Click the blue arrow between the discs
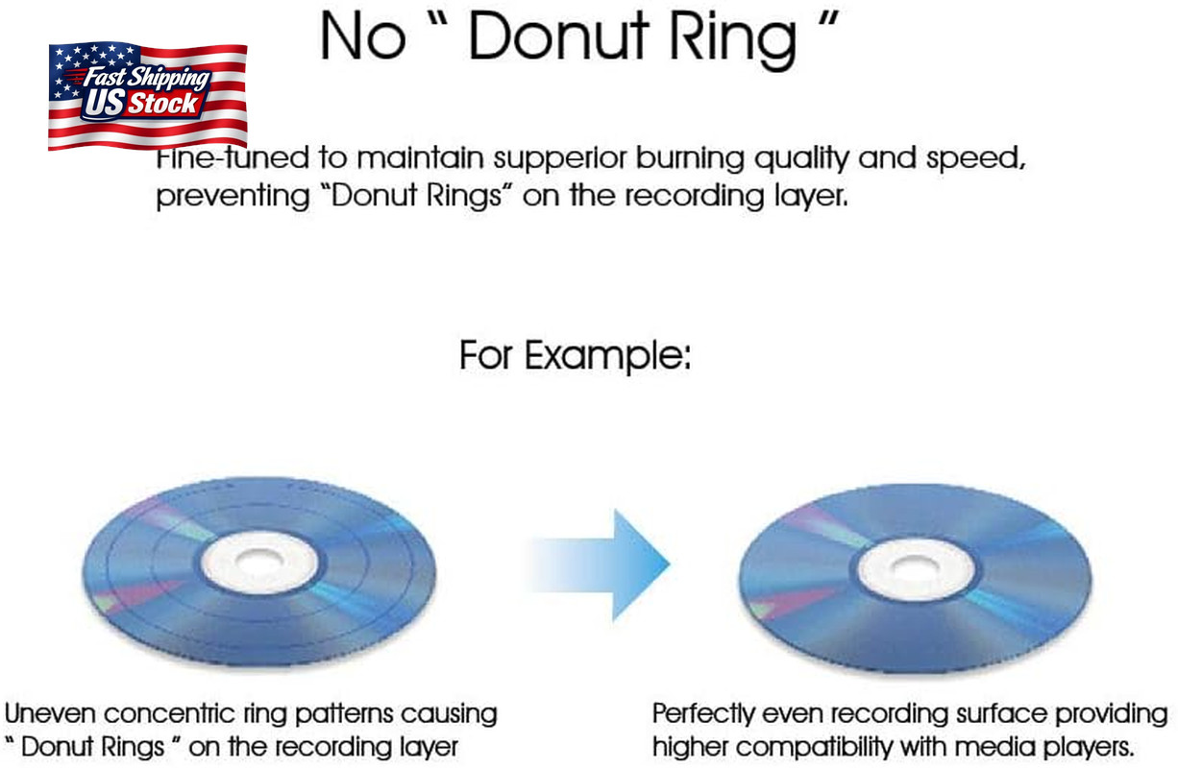point(600,564)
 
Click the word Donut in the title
point(558,36)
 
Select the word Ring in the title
point(732,40)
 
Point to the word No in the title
point(363,36)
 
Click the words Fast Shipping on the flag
point(146,77)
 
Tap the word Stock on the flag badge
point(163,103)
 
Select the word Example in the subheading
point(608,357)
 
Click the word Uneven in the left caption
point(51,714)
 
